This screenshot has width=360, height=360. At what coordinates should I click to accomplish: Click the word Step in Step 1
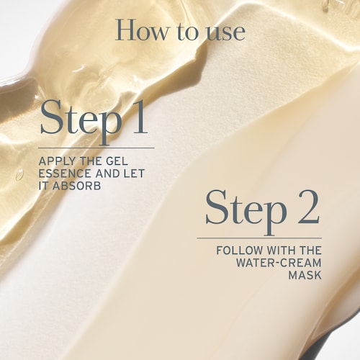[81, 121]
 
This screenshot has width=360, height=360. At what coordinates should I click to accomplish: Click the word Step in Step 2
[246, 211]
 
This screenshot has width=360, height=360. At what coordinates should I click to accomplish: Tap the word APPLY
[55, 161]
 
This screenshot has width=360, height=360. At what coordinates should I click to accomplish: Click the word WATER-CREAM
[279, 263]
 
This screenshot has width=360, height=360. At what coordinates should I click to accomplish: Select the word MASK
[305, 275]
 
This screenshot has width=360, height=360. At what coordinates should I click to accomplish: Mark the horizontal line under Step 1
[96, 148]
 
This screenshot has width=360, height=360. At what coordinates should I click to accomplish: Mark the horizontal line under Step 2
[259, 238]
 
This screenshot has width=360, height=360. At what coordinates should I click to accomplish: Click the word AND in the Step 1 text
[107, 174]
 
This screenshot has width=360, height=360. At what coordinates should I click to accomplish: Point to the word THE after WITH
[310, 251]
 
